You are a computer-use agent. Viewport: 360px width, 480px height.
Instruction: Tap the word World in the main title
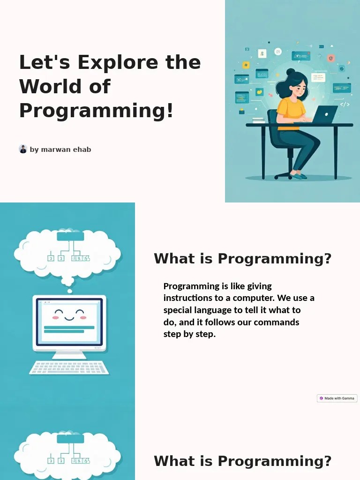point(46,87)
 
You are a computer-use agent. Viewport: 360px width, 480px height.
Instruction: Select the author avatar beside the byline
point(23,149)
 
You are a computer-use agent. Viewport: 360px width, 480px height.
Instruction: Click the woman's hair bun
point(291,73)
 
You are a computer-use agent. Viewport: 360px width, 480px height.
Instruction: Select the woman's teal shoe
point(299,176)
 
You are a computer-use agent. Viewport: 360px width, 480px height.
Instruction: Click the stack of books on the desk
point(258,120)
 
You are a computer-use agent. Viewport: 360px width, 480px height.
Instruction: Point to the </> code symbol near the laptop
point(345,105)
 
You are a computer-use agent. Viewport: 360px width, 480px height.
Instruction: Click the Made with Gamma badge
point(337,398)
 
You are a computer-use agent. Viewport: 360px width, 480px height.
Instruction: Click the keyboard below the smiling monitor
point(69,367)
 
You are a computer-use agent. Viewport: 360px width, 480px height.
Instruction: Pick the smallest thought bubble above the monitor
point(69,291)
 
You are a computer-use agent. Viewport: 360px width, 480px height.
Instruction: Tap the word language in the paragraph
point(217,310)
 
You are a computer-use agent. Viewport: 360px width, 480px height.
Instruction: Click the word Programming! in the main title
point(96,111)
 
